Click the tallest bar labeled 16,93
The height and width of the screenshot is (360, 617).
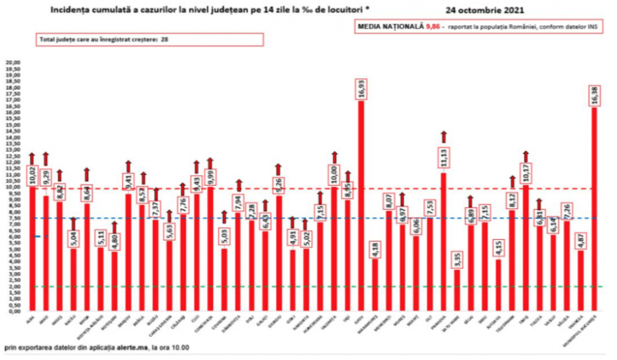[x=361, y=211]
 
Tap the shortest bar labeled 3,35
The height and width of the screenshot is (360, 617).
[x=457, y=291]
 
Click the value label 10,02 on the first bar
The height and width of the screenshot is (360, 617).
[x=32, y=175]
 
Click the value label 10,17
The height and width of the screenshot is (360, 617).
[x=525, y=173]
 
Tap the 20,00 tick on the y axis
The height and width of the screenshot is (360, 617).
[x=13, y=62]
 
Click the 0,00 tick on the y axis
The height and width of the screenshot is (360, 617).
[x=13, y=311]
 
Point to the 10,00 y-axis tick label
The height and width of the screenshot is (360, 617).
[x=13, y=187]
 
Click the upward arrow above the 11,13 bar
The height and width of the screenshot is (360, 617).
[x=442, y=136]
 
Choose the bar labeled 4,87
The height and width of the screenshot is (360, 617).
[x=580, y=281]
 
